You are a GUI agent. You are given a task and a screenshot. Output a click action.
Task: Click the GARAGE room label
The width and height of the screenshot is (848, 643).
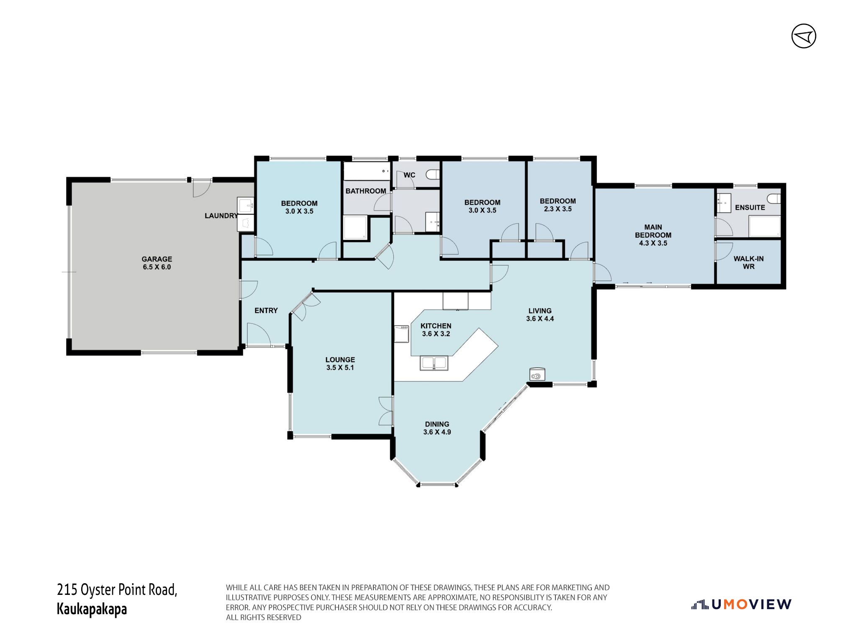(157, 259)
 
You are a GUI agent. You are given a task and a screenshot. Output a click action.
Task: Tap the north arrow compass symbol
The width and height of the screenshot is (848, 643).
(804, 36)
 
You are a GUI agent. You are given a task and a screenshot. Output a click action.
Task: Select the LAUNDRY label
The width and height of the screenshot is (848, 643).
(221, 216)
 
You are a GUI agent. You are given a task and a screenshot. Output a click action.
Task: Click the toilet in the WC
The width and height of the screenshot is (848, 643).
(433, 174)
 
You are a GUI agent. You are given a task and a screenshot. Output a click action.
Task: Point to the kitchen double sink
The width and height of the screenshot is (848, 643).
(434, 363)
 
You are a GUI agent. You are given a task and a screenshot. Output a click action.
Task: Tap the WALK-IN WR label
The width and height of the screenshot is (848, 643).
(748, 262)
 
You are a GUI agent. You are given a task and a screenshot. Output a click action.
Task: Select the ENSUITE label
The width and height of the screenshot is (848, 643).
(750, 208)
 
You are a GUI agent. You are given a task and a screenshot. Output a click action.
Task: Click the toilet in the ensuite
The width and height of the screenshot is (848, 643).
(774, 198)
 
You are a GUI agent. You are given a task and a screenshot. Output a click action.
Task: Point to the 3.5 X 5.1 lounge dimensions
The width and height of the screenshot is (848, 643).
(340, 368)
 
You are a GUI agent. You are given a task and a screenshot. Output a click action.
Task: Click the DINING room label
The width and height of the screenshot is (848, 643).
(437, 424)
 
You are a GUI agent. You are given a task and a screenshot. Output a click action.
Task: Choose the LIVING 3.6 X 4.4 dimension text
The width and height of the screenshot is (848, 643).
(540, 319)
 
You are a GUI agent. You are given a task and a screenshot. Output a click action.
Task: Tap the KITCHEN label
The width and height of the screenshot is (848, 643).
(436, 326)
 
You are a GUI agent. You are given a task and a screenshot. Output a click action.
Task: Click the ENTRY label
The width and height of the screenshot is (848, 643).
(266, 310)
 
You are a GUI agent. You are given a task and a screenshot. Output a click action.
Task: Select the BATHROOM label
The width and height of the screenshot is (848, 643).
(365, 191)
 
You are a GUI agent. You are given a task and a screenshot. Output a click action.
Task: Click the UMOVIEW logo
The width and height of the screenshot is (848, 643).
(741, 604)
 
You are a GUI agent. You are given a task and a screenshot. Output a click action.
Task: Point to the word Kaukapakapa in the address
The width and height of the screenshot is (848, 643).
(92, 609)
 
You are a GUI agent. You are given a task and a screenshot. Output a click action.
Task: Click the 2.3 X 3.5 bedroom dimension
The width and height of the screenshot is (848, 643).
(558, 209)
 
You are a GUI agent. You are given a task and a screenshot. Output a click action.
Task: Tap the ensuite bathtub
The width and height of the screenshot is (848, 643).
(764, 226)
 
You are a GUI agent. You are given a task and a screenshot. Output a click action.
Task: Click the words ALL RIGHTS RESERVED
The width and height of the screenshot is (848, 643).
(263, 617)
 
